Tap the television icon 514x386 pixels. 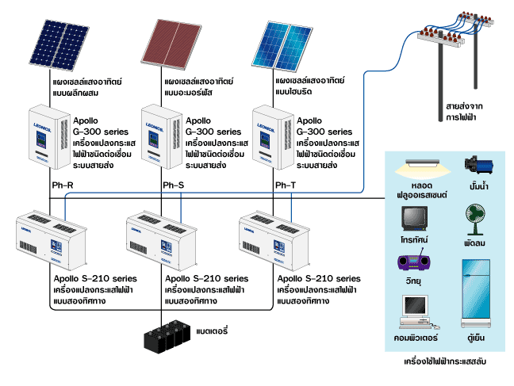click(x=416, y=218)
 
